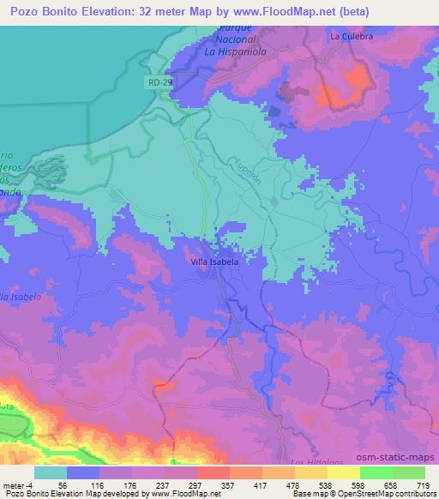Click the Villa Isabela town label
[x=215, y=262]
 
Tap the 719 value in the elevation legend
[x=424, y=484]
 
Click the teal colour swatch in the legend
[x=50, y=472]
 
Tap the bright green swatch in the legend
[x=376, y=472]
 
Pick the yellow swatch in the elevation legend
[x=343, y=472]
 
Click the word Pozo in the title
[x=27, y=10]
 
